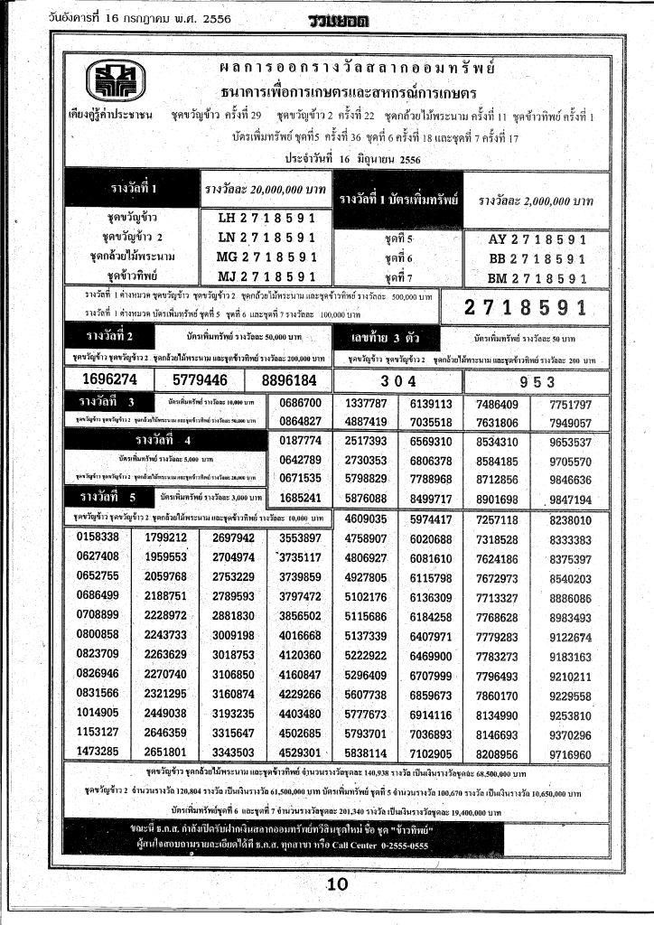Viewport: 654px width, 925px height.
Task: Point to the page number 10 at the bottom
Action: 337,884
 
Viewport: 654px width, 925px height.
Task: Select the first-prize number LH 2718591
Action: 266,218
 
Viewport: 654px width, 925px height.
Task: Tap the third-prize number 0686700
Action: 301,403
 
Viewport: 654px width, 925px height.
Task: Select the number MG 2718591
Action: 266,257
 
